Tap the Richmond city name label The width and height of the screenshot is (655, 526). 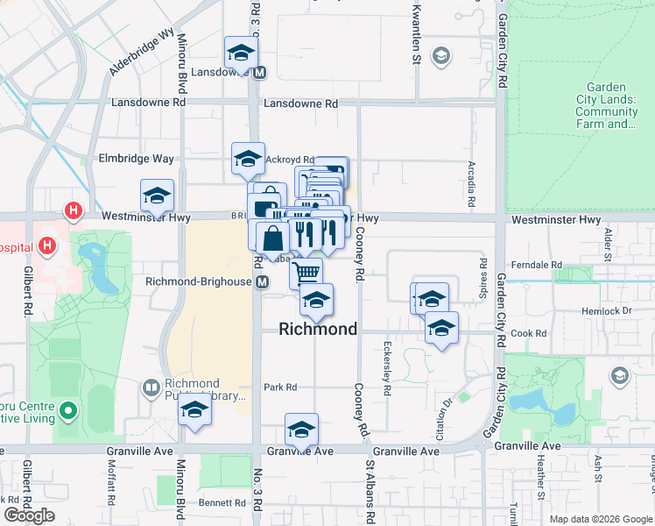point(318,330)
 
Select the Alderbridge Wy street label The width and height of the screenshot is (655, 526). point(142,54)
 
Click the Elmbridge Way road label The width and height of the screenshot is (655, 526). point(137,159)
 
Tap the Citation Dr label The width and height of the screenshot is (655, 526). point(446,413)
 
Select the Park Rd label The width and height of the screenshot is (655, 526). point(281,387)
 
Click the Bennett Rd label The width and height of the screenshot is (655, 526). point(222,502)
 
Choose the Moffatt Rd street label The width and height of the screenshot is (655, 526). point(112,487)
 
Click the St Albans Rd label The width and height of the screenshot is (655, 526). point(370,491)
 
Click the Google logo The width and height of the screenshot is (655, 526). point(29,515)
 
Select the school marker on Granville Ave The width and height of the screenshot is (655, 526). point(301,430)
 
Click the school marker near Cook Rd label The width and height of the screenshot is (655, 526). point(441,330)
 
